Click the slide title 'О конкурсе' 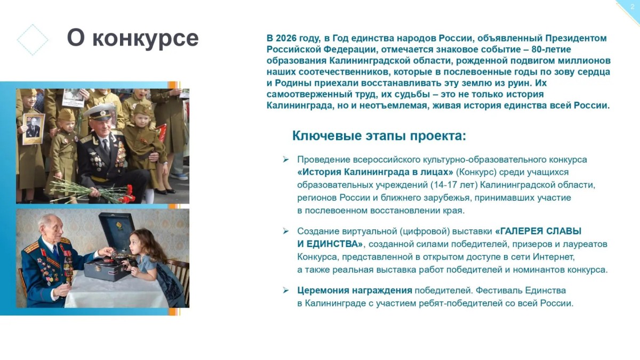(x=133, y=38)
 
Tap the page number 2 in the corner (x=633, y=7)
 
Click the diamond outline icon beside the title (x=33, y=39)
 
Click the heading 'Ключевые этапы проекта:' (x=379, y=135)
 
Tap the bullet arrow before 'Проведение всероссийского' (x=286, y=159)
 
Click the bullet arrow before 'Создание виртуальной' (x=286, y=231)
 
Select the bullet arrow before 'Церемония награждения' (x=286, y=291)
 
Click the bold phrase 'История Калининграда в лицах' (x=375, y=172)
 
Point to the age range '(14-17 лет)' (x=454, y=185)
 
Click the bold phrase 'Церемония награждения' (x=355, y=291)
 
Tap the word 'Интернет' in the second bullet (x=553, y=257)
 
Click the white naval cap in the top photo (x=100, y=111)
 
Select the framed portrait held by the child (x=34, y=129)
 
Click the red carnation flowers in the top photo (x=127, y=194)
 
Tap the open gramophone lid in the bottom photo (x=117, y=231)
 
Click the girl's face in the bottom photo (x=137, y=245)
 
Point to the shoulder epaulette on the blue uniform (x=31, y=247)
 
